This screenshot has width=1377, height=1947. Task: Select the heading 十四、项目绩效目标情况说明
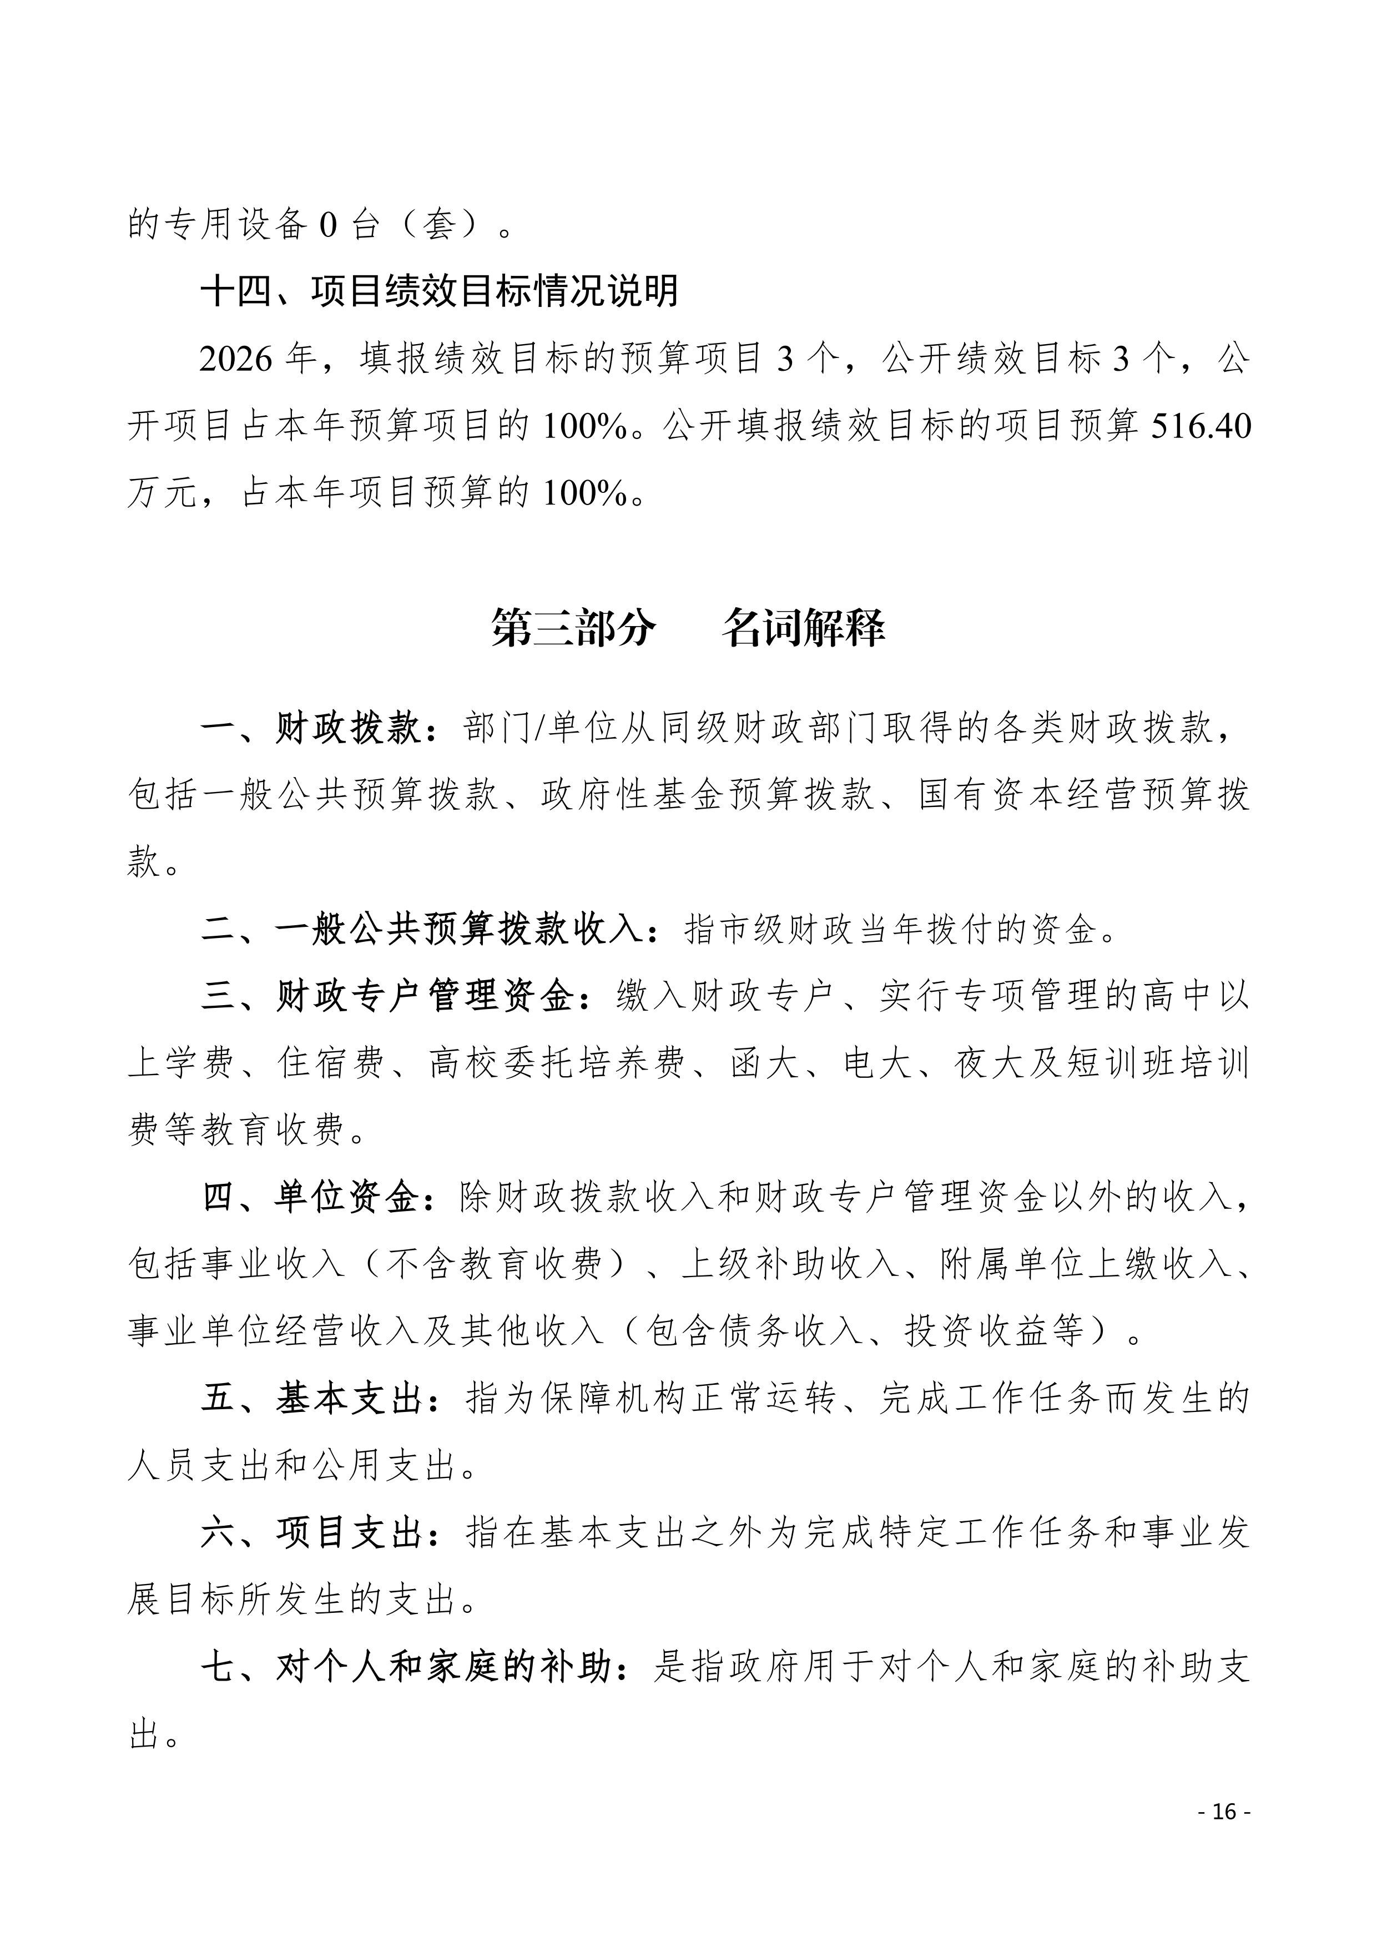[439, 291]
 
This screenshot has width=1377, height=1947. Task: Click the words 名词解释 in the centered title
[803, 628]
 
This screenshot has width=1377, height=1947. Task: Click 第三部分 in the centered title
[574, 628]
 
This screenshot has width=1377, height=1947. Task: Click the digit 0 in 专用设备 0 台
[328, 225]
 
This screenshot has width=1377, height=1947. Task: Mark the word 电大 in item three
[879, 1062]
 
